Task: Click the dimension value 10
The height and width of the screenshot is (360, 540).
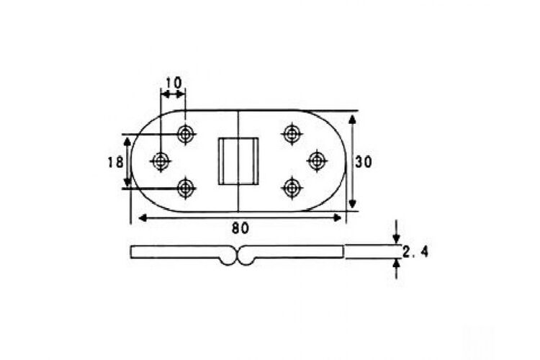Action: tap(174, 83)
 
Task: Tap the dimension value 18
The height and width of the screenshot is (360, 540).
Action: tap(115, 162)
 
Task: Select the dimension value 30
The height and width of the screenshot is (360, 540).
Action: tap(364, 161)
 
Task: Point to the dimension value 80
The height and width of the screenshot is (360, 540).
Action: tap(240, 228)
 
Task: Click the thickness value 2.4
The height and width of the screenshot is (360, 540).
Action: tap(415, 252)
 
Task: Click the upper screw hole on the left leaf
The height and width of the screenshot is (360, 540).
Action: tap(186, 134)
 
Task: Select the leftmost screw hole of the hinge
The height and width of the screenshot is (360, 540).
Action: tap(161, 161)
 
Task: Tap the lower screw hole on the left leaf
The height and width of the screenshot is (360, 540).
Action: tap(186, 188)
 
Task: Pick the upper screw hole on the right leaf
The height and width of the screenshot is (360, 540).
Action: tap(292, 133)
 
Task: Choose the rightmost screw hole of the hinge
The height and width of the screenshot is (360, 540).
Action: tap(317, 161)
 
